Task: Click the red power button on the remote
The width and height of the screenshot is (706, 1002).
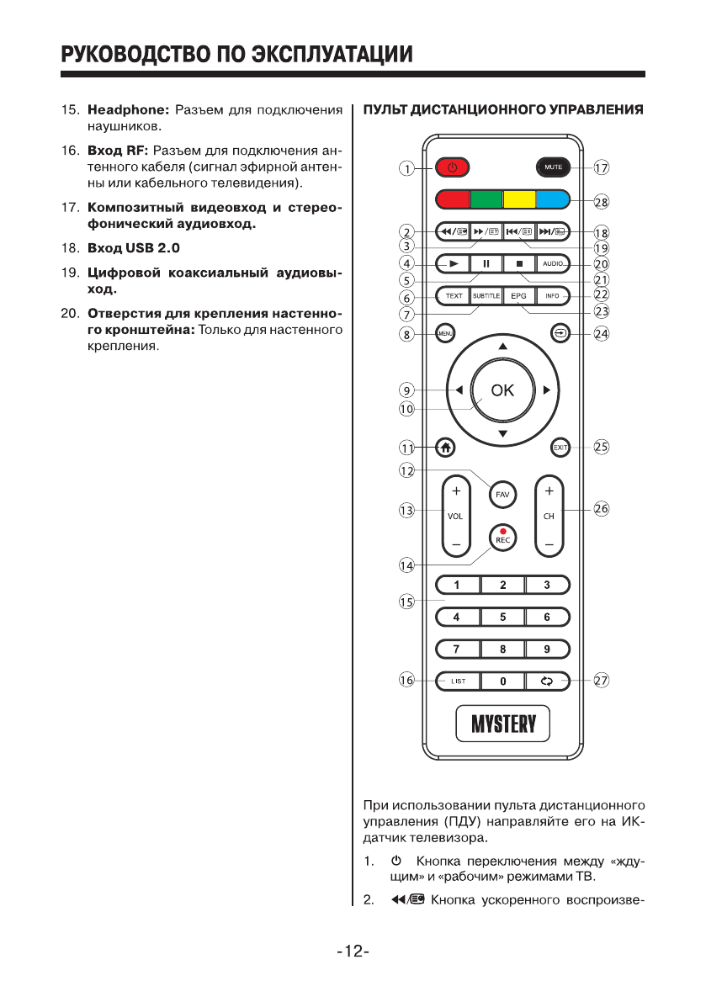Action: (x=452, y=167)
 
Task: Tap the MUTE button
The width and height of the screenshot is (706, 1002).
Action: (x=553, y=167)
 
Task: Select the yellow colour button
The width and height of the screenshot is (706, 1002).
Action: (x=519, y=200)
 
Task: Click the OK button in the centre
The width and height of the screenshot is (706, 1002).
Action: (x=502, y=390)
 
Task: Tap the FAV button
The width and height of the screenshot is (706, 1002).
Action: (x=502, y=494)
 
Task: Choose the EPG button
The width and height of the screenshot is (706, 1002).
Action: (x=518, y=295)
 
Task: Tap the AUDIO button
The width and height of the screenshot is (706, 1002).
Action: (x=553, y=263)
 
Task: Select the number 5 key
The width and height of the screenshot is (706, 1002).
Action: (x=502, y=617)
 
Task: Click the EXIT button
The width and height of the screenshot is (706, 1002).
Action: (x=560, y=448)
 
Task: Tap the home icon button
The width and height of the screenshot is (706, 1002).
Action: (x=445, y=448)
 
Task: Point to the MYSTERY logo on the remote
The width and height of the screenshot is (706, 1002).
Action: (x=502, y=723)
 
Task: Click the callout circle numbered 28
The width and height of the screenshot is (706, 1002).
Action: (x=601, y=201)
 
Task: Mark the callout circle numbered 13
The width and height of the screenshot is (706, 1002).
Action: (x=407, y=510)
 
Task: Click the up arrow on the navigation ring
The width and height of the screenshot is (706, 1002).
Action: (x=502, y=347)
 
